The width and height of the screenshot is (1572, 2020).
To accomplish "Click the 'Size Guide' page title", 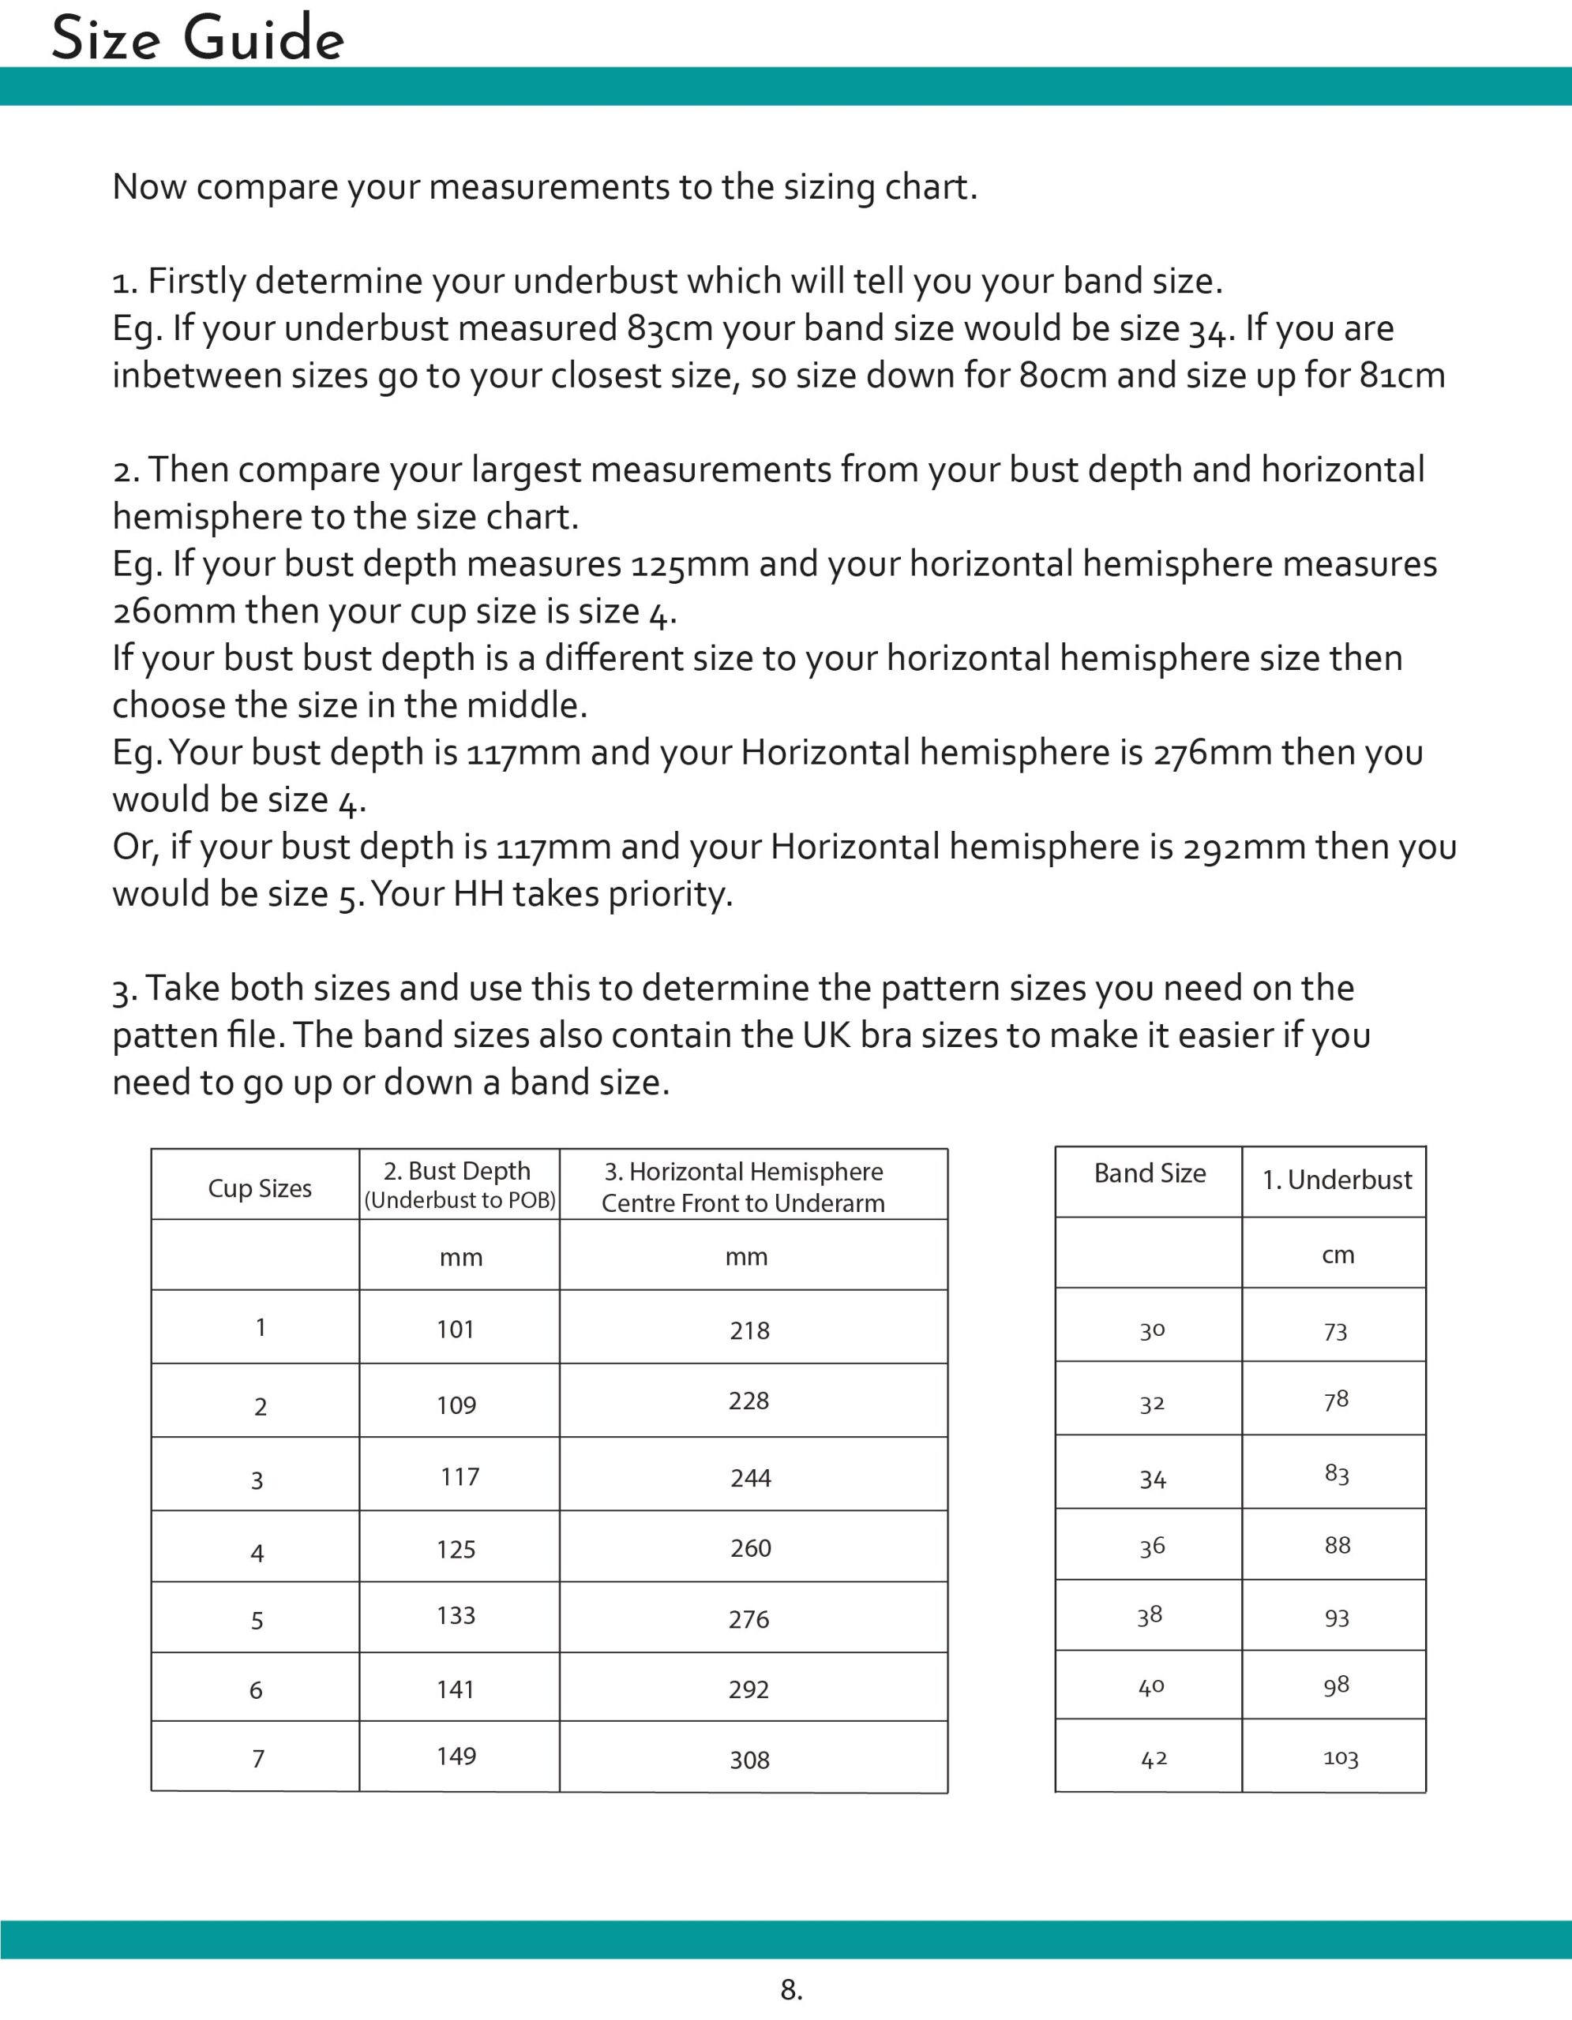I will coord(197,41).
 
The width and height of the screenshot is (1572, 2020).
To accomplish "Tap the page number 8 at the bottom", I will coord(791,1988).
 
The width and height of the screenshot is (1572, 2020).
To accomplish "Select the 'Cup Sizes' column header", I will coord(259,1188).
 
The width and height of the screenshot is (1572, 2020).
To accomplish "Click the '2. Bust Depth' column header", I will coord(458,1172).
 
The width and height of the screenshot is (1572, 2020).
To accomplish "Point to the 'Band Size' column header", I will coord(1150,1173).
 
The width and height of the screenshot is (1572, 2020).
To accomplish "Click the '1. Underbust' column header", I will coord(1337,1180).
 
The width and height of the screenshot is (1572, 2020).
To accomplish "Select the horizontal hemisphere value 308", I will coord(749,1760).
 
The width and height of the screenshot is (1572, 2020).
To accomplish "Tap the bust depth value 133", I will coord(456,1616).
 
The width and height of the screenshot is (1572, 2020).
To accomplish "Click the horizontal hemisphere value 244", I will coord(750,1478).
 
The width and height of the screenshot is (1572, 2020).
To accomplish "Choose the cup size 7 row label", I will coord(258,1758).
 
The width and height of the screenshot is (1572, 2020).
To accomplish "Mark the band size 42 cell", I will coord(1154,1759).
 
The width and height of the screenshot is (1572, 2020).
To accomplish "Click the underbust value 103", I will coord(1341,1759).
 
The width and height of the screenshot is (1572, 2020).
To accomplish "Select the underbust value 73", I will coord(1335,1332).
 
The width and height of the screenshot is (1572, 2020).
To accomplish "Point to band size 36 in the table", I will coord(1152,1547).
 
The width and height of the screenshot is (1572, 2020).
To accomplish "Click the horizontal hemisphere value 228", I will coord(748,1401).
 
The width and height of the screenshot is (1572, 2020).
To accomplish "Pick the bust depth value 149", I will coord(456,1756).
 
